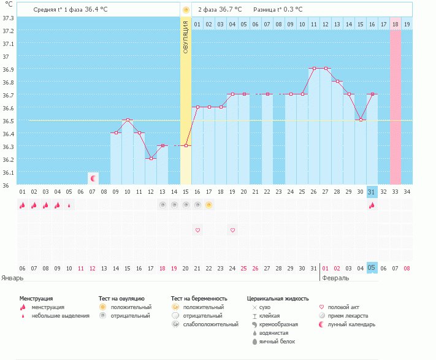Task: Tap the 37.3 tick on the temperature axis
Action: [8, 18]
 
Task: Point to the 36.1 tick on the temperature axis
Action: [8, 172]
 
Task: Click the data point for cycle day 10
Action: [128, 120]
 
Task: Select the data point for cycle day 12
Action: [151, 158]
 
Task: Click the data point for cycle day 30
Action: [361, 120]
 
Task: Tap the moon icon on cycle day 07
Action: [93, 178]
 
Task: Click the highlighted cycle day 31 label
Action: [372, 191]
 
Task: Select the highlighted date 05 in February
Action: [372, 268]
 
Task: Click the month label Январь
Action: [12, 278]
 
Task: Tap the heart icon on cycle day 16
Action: [197, 230]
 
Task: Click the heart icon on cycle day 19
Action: [232, 230]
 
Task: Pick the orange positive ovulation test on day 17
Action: [209, 205]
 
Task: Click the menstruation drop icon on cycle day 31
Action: [372, 205]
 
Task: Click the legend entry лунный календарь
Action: [351, 324]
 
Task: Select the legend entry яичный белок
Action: [276, 342]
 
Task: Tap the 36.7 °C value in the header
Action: [230, 10]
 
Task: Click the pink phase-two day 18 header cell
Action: [395, 24]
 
